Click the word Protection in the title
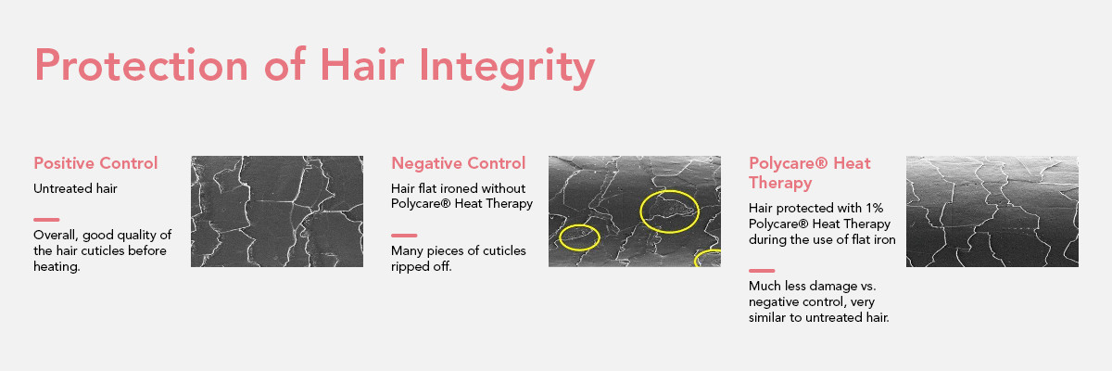tap(142, 65)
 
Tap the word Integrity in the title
tap(507, 69)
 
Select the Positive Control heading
tap(95, 163)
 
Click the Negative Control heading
tap(458, 163)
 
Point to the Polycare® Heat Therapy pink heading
tap(810, 173)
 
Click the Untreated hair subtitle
tap(75, 188)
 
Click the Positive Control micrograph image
tap(277, 211)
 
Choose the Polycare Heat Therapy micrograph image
tap(992, 211)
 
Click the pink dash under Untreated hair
tap(46, 220)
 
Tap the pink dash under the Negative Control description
tap(404, 236)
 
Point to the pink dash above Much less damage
tap(762, 271)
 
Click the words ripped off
tap(422, 267)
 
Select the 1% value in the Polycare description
tap(874, 208)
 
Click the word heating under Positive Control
tap(57, 267)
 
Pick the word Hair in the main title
tap(362, 65)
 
